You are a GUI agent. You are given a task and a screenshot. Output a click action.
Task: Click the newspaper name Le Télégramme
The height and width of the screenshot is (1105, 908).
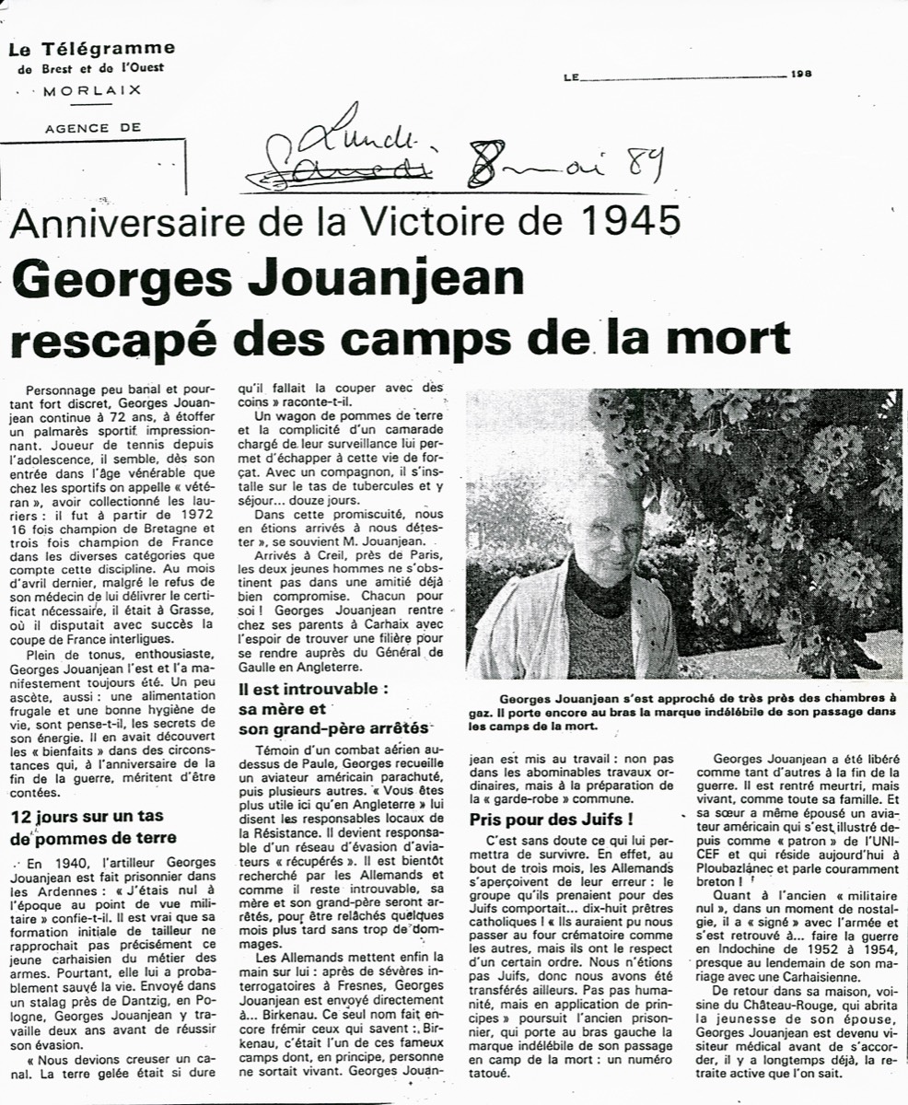(x=92, y=50)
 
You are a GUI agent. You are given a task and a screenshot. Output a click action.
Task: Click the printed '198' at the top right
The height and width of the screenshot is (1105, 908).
(x=801, y=77)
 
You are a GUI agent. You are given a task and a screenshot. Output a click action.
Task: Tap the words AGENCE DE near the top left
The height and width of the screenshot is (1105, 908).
(x=93, y=128)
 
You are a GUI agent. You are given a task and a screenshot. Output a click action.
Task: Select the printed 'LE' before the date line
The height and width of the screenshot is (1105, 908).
(x=571, y=78)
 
